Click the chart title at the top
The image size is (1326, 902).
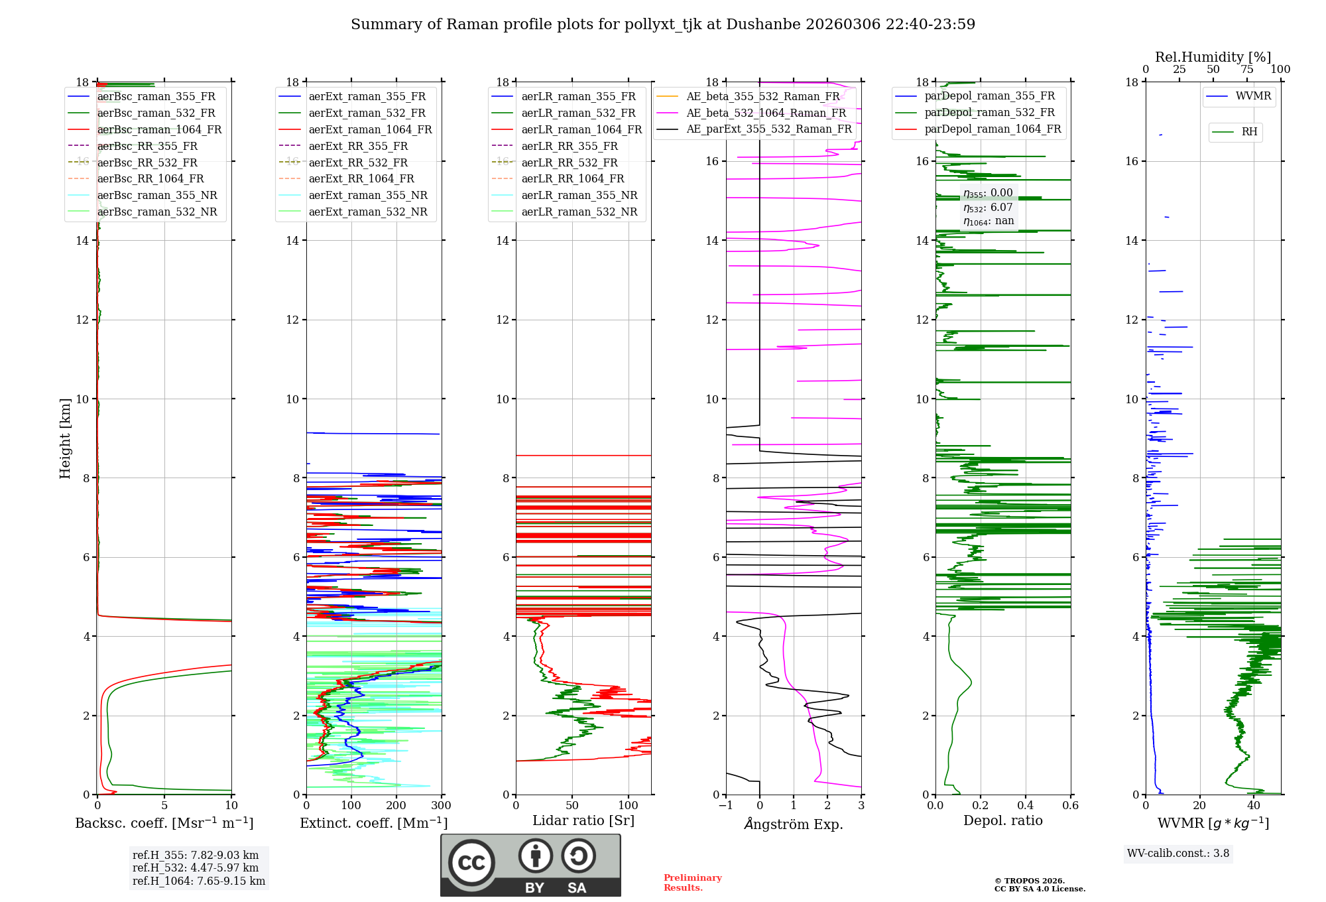point(663,25)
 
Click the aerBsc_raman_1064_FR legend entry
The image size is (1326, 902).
point(159,130)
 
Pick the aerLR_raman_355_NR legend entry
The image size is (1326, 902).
point(579,195)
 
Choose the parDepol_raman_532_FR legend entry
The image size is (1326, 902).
point(989,113)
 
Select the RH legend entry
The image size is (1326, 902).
point(1249,132)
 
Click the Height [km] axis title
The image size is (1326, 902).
point(65,438)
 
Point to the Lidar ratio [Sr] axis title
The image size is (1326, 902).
point(583,820)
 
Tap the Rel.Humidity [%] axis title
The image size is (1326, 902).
point(1213,57)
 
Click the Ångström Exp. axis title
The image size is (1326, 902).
point(794,824)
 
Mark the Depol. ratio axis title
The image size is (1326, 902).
point(1002,820)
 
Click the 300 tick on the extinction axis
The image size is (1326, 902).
point(441,806)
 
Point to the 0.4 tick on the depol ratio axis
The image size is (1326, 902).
point(1025,806)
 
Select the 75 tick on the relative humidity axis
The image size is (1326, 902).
point(1246,70)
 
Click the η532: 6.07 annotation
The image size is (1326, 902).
point(988,207)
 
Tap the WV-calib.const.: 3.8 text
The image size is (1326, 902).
point(1178,854)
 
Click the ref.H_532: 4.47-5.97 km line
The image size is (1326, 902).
point(196,868)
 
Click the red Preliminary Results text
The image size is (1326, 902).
point(692,883)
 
